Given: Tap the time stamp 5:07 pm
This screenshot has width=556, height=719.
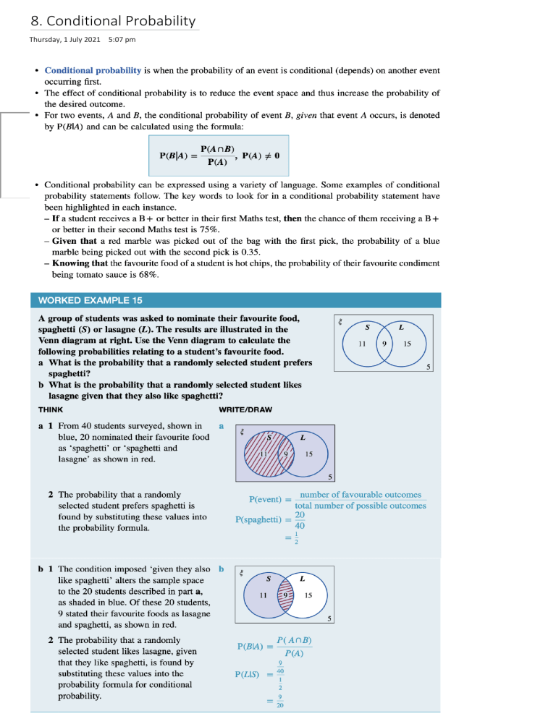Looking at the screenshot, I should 121,39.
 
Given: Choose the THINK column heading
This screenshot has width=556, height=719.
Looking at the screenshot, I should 51,409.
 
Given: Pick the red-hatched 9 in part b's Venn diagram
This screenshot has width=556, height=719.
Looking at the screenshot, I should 287,595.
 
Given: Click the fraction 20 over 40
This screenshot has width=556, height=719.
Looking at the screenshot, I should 300,521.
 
